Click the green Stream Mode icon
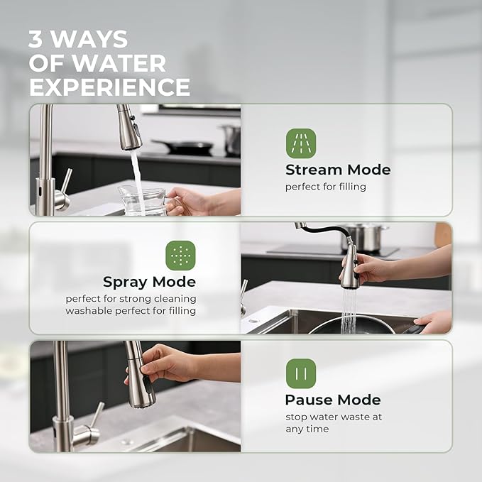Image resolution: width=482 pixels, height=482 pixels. [x=301, y=143]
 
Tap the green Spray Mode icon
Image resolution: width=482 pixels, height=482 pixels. [x=180, y=256]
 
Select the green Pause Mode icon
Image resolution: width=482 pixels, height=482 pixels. [x=301, y=373]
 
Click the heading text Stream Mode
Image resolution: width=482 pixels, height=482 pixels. [x=338, y=170]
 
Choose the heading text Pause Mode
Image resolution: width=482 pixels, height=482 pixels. [x=333, y=400]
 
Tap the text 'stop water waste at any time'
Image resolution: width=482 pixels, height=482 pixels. [x=334, y=423]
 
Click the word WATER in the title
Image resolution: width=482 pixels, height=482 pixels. [x=119, y=63]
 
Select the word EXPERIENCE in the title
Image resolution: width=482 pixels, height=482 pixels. [x=109, y=87]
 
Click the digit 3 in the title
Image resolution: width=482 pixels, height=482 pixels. [x=36, y=40]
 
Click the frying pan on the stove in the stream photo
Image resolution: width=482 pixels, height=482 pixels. [x=182, y=147]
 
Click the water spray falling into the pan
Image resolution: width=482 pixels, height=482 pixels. [x=348, y=310]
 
